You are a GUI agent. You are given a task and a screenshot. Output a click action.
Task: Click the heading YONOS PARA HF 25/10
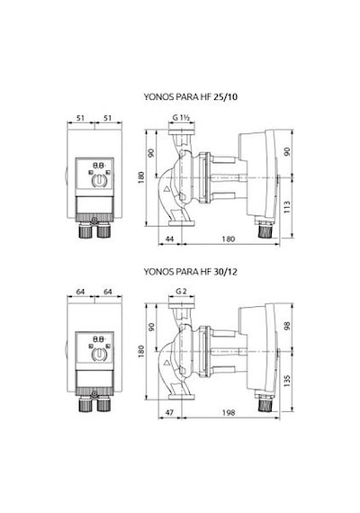(191, 97)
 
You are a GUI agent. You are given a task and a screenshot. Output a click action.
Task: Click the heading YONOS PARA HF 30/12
(191, 272)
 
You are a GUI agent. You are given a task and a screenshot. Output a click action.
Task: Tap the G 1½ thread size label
(181, 118)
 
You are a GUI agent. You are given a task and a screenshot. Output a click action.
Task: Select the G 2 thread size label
(181, 292)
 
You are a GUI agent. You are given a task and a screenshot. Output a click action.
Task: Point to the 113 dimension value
(287, 207)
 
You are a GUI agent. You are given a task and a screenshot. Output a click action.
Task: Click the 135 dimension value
(287, 382)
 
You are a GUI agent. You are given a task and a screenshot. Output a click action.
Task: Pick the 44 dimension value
(169, 238)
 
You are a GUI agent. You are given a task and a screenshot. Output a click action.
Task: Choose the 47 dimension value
(169, 412)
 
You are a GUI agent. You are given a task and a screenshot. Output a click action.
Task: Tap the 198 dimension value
(229, 412)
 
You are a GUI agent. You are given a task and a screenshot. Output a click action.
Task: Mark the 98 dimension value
(287, 326)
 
